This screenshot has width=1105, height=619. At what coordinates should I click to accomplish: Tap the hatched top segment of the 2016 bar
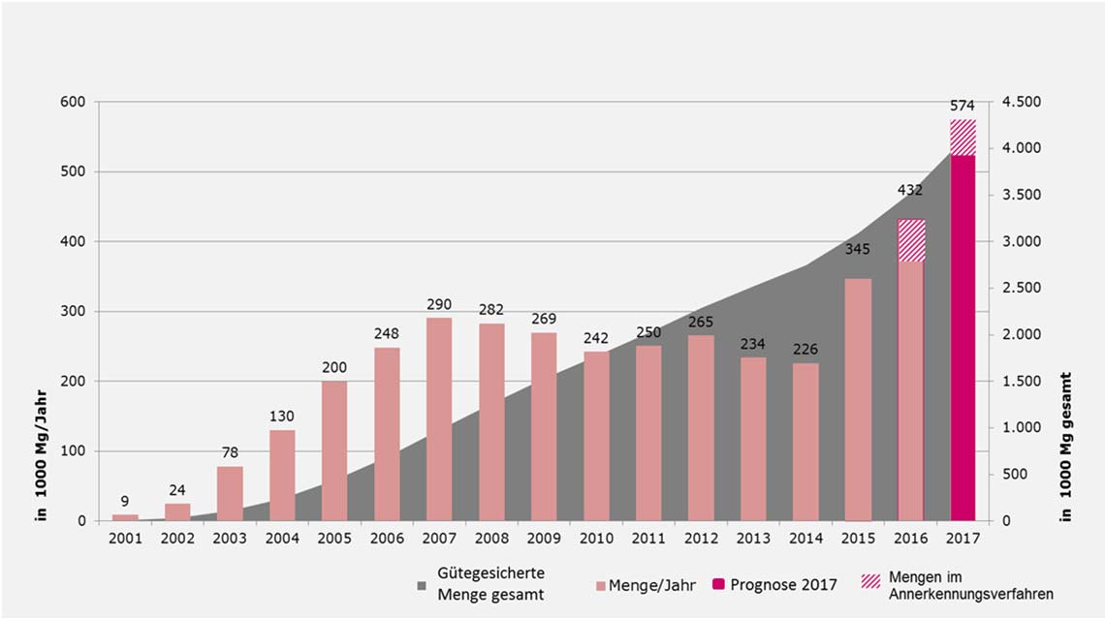[910, 240]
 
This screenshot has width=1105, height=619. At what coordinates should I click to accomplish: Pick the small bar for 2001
[125, 517]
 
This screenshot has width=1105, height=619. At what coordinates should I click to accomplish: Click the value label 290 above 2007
[439, 304]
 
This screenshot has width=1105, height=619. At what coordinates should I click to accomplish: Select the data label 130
[282, 417]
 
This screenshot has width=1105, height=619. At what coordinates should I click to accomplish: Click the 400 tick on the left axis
[74, 242]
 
